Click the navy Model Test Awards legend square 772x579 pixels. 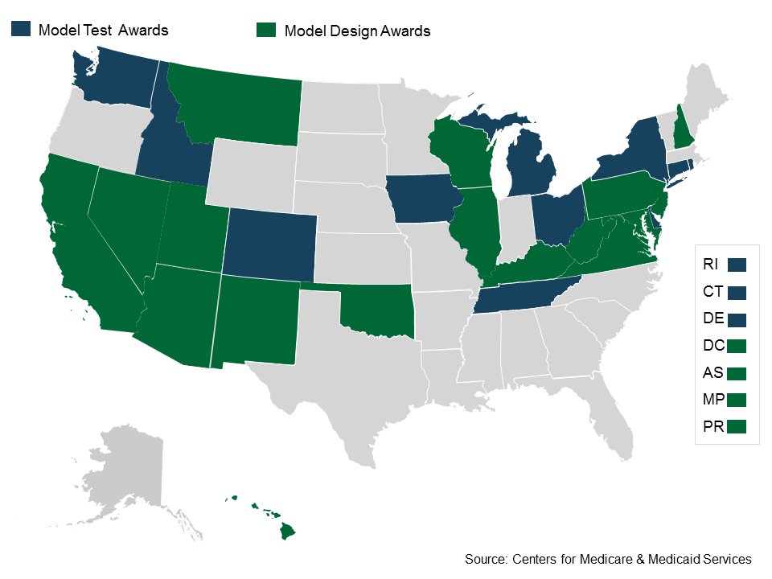tap(20, 30)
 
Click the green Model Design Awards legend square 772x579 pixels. tap(266, 31)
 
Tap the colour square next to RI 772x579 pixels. tap(737, 264)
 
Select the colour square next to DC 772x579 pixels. tap(737, 346)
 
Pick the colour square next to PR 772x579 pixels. tap(737, 426)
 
